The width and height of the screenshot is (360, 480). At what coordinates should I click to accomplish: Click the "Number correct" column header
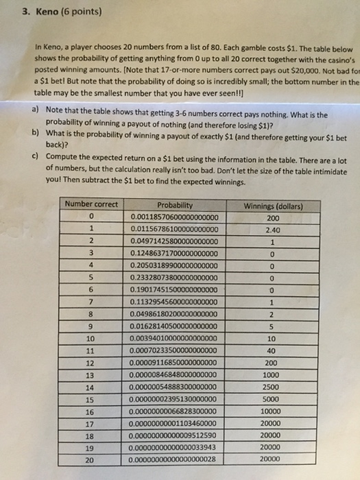(x=92, y=204)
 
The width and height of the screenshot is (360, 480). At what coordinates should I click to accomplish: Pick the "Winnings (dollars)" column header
(x=273, y=204)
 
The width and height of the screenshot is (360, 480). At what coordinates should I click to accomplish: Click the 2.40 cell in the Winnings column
(x=273, y=230)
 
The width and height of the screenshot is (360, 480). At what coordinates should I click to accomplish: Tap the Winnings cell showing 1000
(x=273, y=374)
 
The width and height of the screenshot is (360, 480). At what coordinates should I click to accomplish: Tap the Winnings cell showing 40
(x=273, y=350)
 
